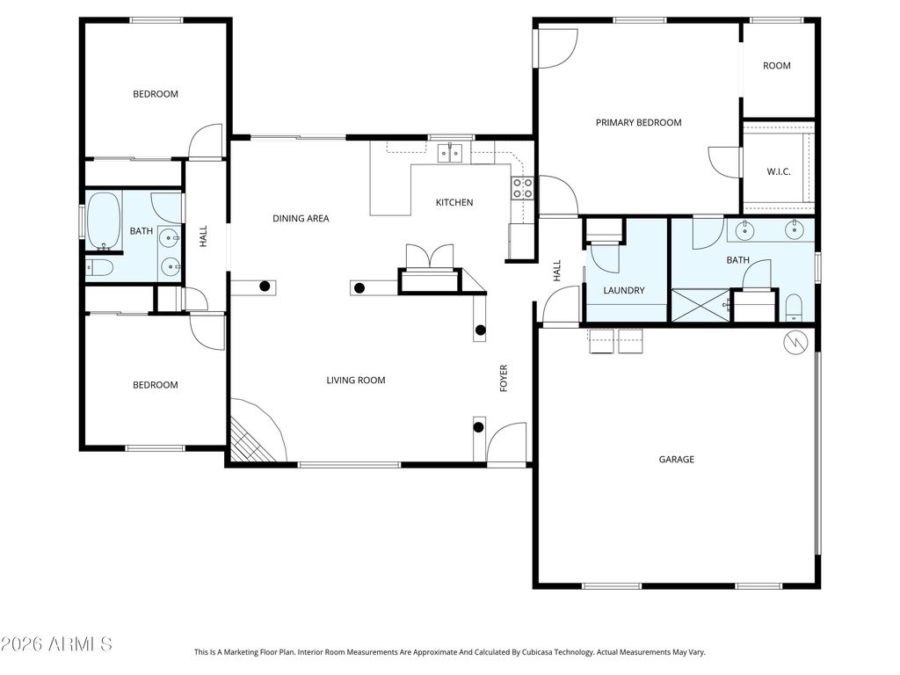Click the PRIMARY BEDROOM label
coord(638,123)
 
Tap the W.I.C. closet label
coord(778,171)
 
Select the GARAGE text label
coord(677,459)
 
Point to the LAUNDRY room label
coord(624,291)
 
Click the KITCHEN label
coord(454,203)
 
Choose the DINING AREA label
coord(301,219)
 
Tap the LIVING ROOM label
coord(356,381)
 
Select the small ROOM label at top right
coord(776,66)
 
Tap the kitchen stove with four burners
coord(522,186)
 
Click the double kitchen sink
coord(451,153)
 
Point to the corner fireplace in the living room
coord(255,435)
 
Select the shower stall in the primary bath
coord(700,305)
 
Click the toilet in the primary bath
coord(794,307)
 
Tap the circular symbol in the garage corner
coord(795,342)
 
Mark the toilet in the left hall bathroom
coord(99,266)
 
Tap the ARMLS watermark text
coord(56,644)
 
